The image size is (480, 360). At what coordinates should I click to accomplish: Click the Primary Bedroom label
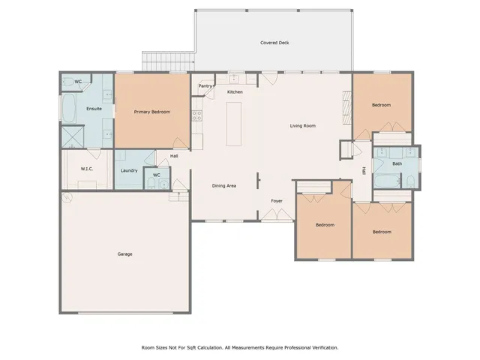151,112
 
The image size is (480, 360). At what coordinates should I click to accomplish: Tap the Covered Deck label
274,43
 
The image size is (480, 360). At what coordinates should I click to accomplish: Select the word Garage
124,254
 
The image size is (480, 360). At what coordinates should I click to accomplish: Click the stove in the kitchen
196,116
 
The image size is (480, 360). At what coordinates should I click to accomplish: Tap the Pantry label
205,85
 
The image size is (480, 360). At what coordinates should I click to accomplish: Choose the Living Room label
302,125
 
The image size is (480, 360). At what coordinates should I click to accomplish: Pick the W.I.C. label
87,169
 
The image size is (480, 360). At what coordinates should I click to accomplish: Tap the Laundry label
128,170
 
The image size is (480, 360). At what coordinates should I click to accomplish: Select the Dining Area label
224,185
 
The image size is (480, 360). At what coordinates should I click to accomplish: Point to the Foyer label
277,202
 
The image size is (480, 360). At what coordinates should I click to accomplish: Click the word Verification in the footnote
322,347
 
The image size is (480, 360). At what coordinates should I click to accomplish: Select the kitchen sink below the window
233,77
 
